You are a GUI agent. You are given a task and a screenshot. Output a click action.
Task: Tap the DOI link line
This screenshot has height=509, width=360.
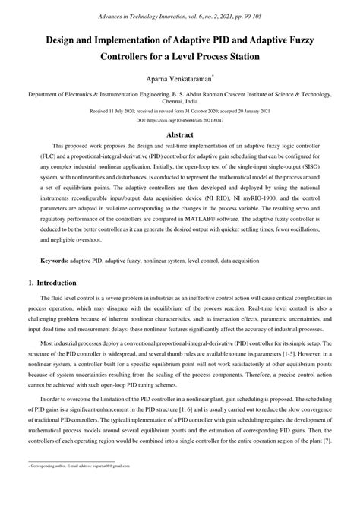(x=180, y=121)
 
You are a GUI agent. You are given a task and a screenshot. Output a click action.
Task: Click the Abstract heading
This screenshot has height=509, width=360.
(x=180, y=134)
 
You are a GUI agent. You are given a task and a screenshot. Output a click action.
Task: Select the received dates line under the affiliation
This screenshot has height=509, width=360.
(x=180, y=112)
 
